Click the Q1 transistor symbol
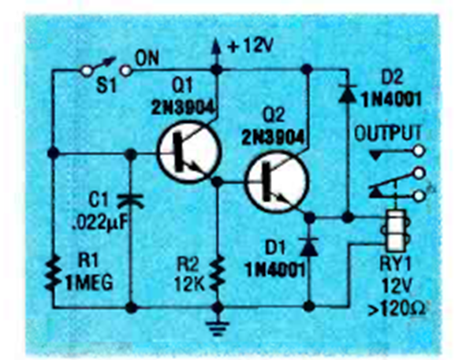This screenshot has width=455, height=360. tap(189, 152)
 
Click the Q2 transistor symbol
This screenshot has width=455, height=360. tap(275, 182)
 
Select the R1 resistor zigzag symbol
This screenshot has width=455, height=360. tap(53, 273)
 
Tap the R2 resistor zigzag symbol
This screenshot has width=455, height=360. tap(218, 273)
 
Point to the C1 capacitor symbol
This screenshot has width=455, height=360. tap(130, 201)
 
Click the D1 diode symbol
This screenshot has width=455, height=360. tap(309, 247)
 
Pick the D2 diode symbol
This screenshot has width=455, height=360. tap(348, 92)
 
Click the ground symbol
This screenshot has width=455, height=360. tap(218, 328)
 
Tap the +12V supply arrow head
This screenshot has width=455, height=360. tap(215, 46)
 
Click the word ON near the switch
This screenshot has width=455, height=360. tap(147, 59)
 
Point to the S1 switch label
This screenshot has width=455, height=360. tap(106, 86)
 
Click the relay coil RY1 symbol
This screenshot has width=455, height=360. tap(395, 230)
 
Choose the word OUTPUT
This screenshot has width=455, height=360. tap(388, 134)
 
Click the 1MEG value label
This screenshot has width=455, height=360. tap(89, 283)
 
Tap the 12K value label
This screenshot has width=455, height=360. tap(190, 284)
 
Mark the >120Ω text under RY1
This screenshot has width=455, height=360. tap(397, 310)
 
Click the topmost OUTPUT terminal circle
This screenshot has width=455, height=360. tap(419, 151)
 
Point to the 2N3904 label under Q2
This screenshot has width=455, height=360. tap(273, 138)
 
